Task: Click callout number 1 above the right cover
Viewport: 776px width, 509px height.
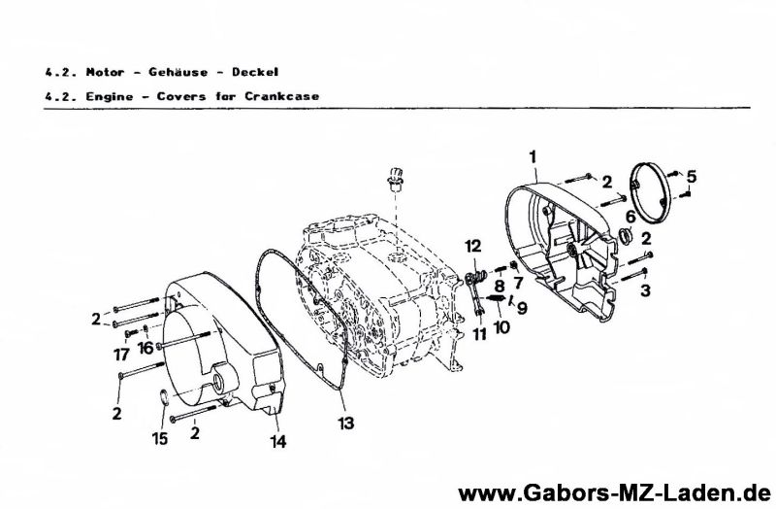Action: tap(533, 157)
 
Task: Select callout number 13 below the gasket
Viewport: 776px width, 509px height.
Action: tap(346, 424)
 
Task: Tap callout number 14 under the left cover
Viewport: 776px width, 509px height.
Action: tap(278, 441)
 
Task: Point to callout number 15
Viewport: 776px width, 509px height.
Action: tap(160, 438)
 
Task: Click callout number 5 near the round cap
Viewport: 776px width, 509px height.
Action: tap(692, 176)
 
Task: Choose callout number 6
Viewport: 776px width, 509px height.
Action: tap(630, 217)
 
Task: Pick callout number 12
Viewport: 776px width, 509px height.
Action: tap(518, 283)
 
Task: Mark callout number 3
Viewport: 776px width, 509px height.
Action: tap(645, 289)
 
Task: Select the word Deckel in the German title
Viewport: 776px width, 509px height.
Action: tap(255, 72)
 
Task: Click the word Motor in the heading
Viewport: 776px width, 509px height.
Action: tap(106, 72)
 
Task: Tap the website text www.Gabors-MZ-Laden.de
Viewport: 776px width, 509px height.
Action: tap(615, 493)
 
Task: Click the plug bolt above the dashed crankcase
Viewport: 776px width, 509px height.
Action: tap(395, 180)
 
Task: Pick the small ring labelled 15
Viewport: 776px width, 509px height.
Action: tap(164, 396)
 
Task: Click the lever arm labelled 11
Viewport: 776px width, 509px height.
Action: tap(474, 296)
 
